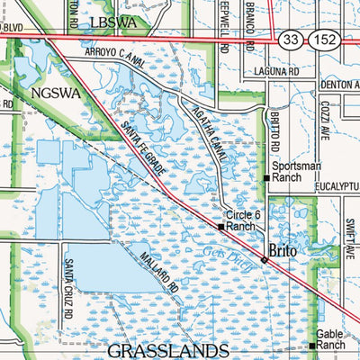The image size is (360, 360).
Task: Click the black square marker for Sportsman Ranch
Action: pyautogui.click(x=266, y=178)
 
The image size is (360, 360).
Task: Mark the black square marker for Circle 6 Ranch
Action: pyautogui.click(x=221, y=227)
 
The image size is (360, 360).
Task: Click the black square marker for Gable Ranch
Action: pyautogui.click(x=312, y=346)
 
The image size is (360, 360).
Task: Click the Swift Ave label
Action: pyautogui.click(x=349, y=238)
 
